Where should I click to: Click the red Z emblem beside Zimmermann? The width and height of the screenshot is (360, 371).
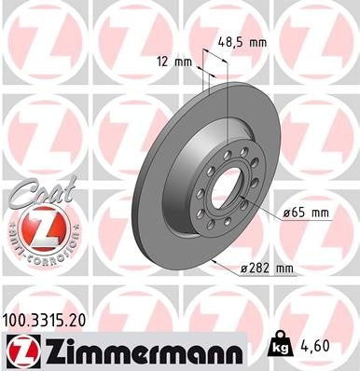(x=21, y=350)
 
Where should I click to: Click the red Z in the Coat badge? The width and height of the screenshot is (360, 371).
(x=35, y=228)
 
